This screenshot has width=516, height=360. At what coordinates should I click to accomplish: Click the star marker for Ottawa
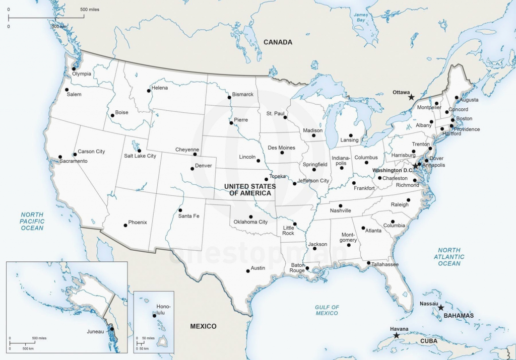point(411,97)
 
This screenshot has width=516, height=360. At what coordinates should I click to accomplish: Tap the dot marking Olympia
point(74,69)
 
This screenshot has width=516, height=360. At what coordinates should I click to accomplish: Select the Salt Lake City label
point(140,156)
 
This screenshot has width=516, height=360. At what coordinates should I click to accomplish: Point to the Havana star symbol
point(396,335)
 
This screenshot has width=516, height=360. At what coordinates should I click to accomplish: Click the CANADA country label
point(278,42)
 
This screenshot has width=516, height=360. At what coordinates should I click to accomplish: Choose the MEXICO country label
point(203,326)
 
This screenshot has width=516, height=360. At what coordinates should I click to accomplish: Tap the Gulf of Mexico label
point(327,310)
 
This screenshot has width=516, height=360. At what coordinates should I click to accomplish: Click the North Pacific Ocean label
point(32,222)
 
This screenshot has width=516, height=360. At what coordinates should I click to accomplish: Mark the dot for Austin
point(248,271)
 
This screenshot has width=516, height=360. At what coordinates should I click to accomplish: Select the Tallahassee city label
point(385,264)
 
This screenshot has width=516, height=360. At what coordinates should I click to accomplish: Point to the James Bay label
point(359,17)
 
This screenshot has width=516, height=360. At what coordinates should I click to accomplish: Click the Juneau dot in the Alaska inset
point(112,329)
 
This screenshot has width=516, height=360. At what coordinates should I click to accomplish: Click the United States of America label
point(250,190)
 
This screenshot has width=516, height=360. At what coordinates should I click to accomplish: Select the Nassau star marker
point(440,307)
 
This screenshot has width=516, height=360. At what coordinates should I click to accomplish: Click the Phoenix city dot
point(125,225)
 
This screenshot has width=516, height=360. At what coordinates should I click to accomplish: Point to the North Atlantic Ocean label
point(449,257)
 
